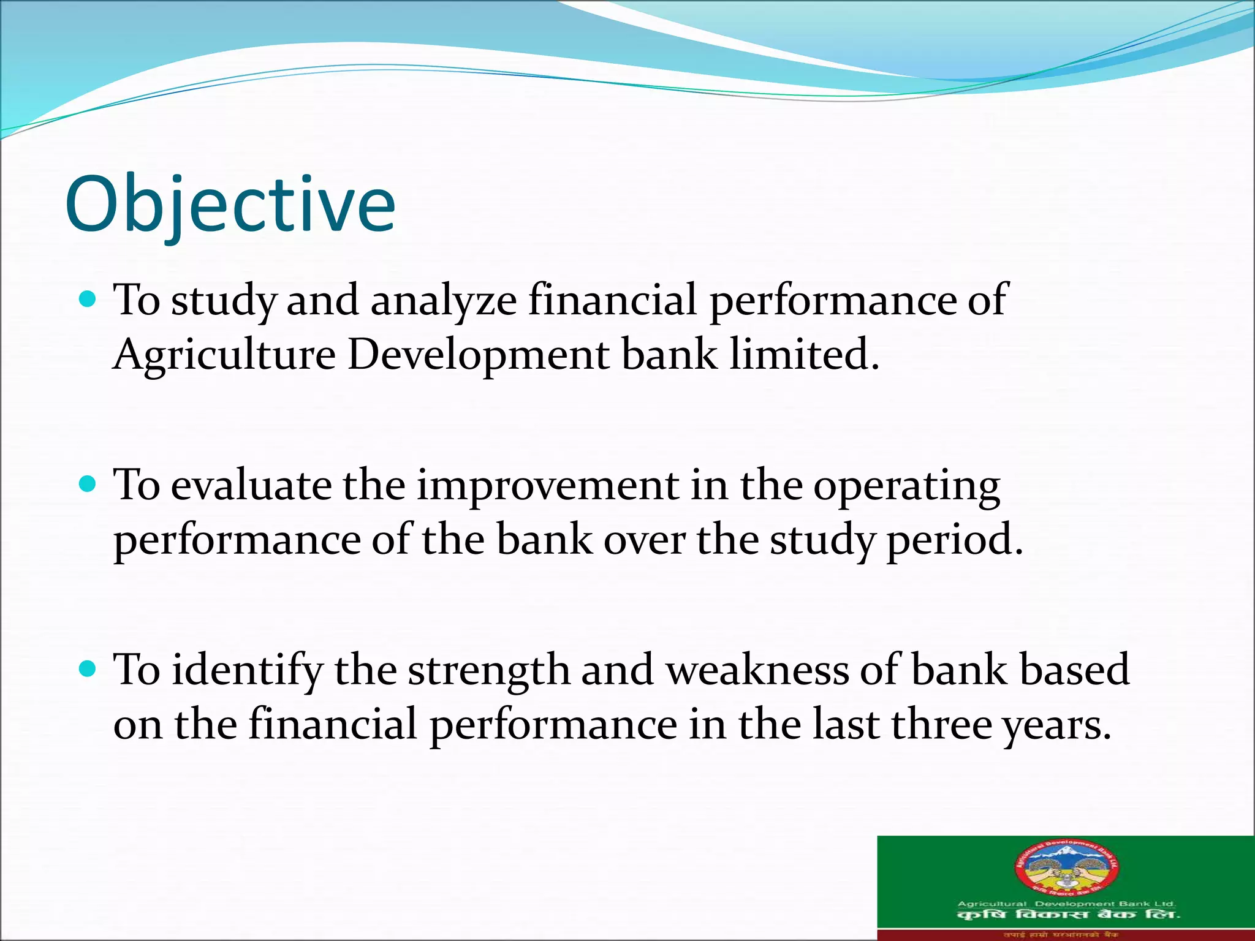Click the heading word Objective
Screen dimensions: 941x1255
coord(230,205)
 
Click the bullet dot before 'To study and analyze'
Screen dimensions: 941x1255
coord(88,300)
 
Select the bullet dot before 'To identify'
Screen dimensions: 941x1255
coord(88,669)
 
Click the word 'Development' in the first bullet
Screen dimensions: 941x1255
coord(478,355)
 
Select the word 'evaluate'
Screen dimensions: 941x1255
coord(251,485)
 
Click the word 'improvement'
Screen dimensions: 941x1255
coord(548,485)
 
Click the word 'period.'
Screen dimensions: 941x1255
coord(955,540)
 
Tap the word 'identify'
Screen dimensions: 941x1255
coord(246,670)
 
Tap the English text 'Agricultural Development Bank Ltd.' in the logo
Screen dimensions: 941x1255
coord(1066,904)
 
